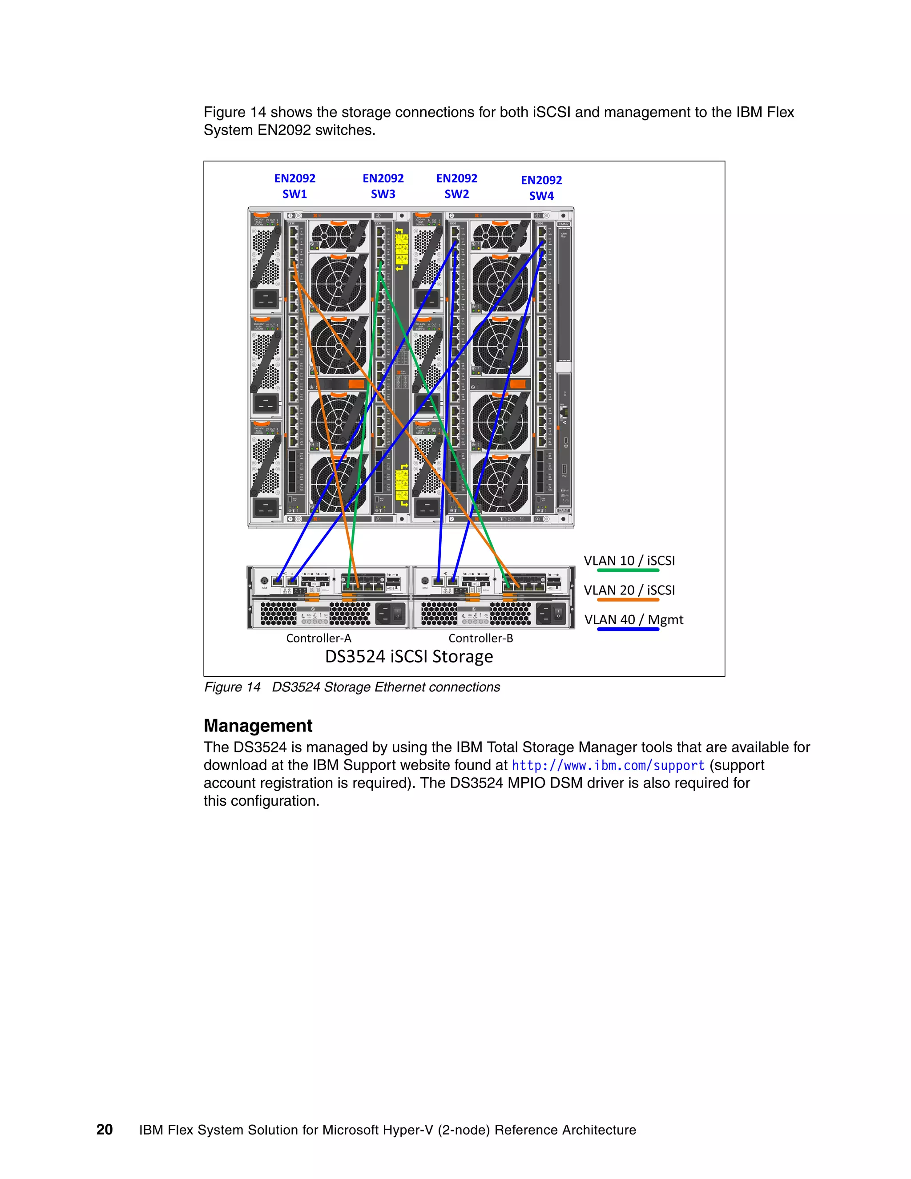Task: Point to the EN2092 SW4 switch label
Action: click(x=541, y=187)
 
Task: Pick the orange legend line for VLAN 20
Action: click(x=628, y=600)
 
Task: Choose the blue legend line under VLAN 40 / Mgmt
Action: click(x=628, y=629)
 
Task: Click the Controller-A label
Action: click(x=318, y=638)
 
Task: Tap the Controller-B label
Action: click(x=480, y=638)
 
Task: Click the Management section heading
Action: click(x=258, y=726)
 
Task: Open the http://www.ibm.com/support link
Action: click(x=608, y=766)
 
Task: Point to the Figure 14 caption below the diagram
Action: click(x=352, y=687)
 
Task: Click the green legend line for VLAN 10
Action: click(x=628, y=570)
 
